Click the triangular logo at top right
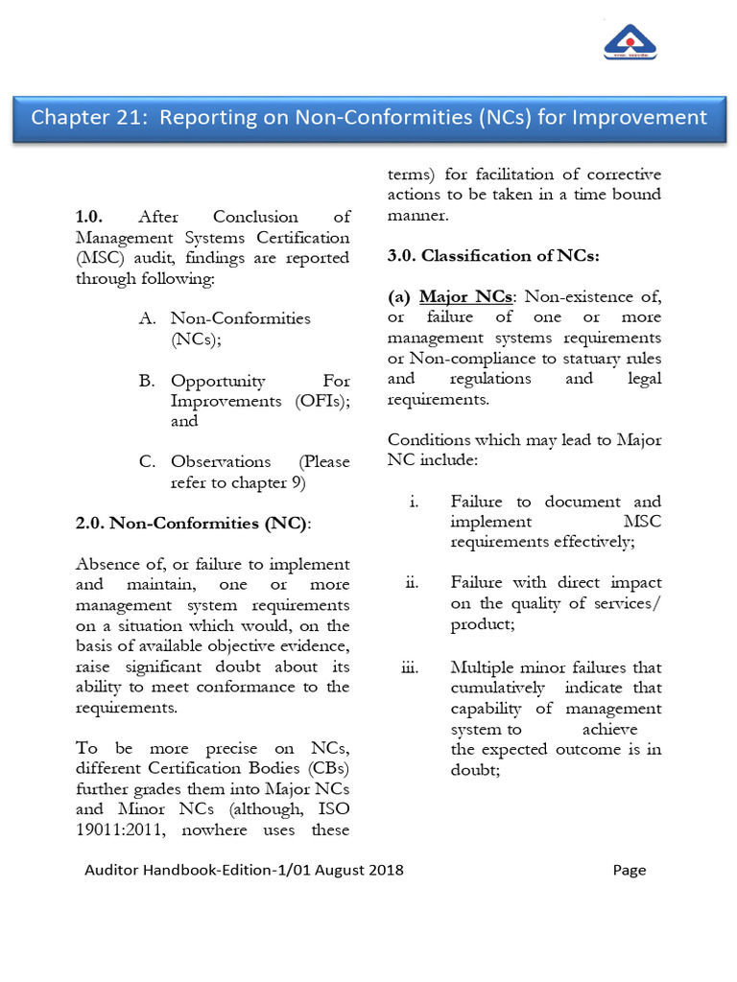(x=630, y=41)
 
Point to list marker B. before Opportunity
(x=147, y=381)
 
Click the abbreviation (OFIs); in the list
(x=321, y=401)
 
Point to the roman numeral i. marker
(x=413, y=502)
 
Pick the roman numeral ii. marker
(x=412, y=583)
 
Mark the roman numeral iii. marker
(x=410, y=667)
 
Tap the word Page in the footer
(x=630, y=871)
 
